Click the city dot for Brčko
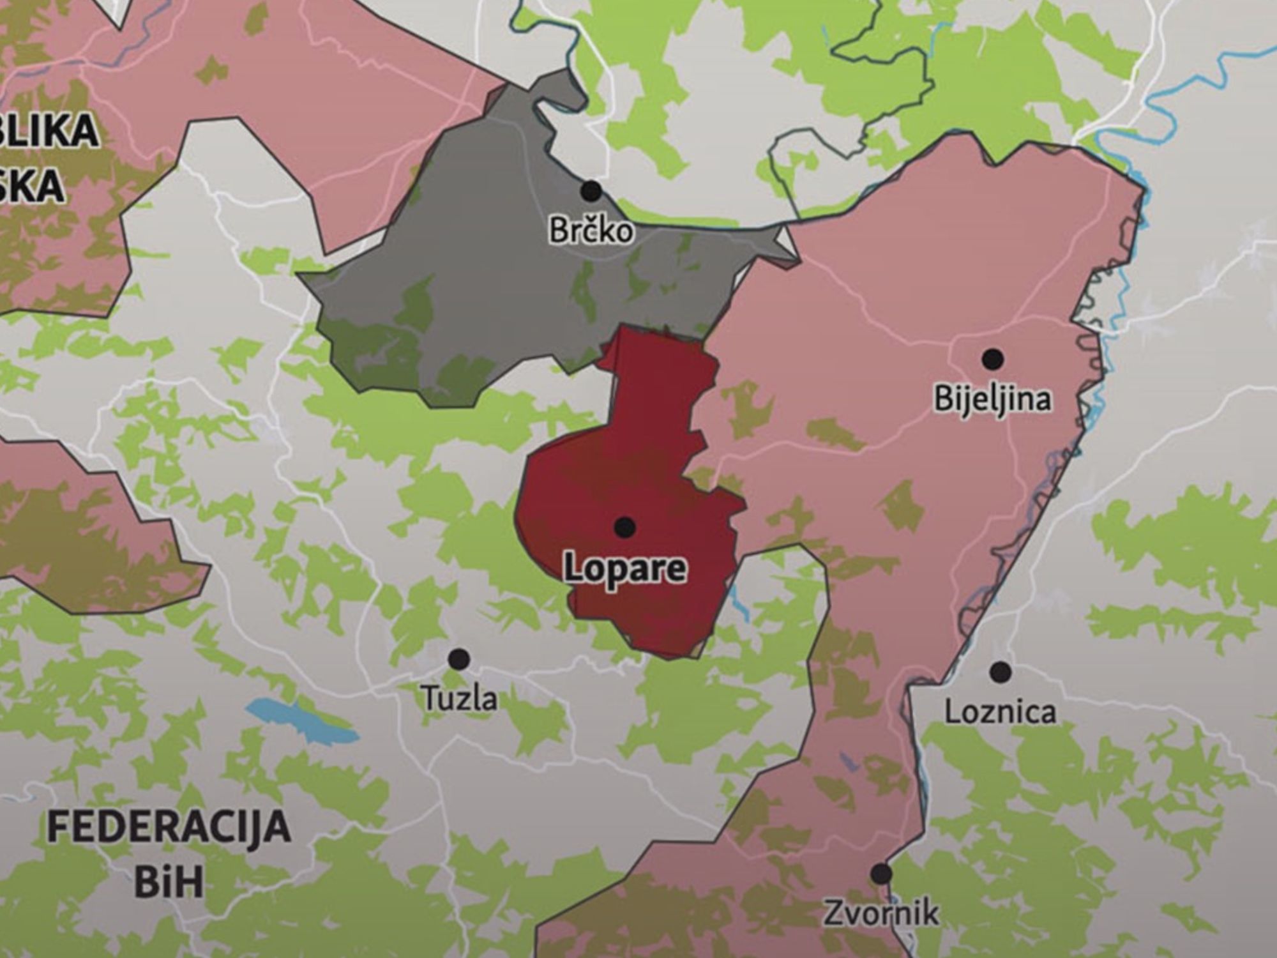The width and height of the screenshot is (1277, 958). [591, 190]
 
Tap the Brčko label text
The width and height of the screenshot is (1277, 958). [591, 231]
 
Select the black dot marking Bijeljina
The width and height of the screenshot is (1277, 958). [992, 359]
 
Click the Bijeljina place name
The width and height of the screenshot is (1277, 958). [992, 399]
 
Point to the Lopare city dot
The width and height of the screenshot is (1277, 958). [624, 527]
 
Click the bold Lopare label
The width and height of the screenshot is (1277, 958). [624, 568]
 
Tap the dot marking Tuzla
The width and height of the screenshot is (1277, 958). [458, 659]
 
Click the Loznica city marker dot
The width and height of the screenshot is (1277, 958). [1001, 671]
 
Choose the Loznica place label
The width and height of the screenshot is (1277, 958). [1000, 712]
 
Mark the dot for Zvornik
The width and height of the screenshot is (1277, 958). [881, 873]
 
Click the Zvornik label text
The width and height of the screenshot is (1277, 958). [881, 913]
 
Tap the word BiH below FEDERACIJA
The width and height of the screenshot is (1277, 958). [169, 881]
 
